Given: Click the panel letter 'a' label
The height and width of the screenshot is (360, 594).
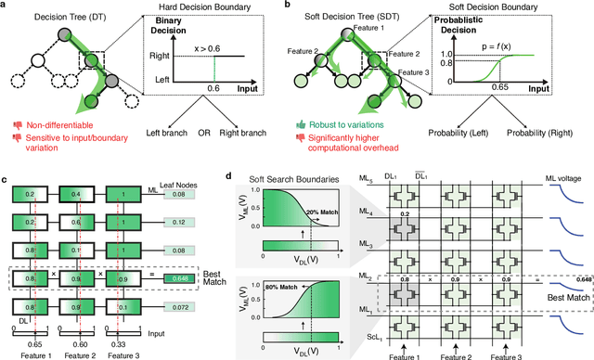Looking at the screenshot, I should pyautogui.click(x=6, y=6).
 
